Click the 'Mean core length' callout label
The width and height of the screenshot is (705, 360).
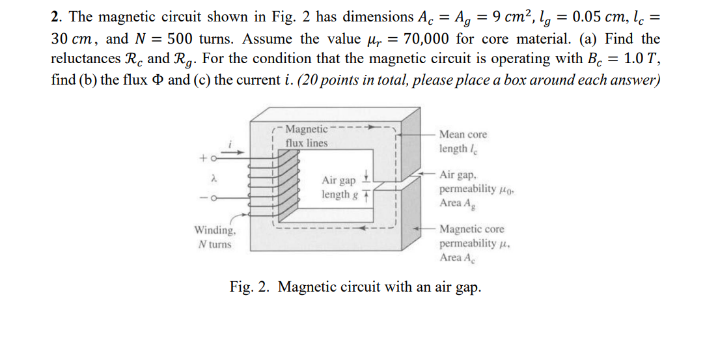[x=463, y=141]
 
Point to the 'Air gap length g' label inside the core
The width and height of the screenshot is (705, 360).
[x=339, y=187]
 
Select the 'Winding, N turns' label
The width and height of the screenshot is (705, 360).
[x=215, y=237]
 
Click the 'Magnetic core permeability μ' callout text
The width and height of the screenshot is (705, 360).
[x=472, y=243]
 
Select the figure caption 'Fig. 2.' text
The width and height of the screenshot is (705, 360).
[x=251, y=287]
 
